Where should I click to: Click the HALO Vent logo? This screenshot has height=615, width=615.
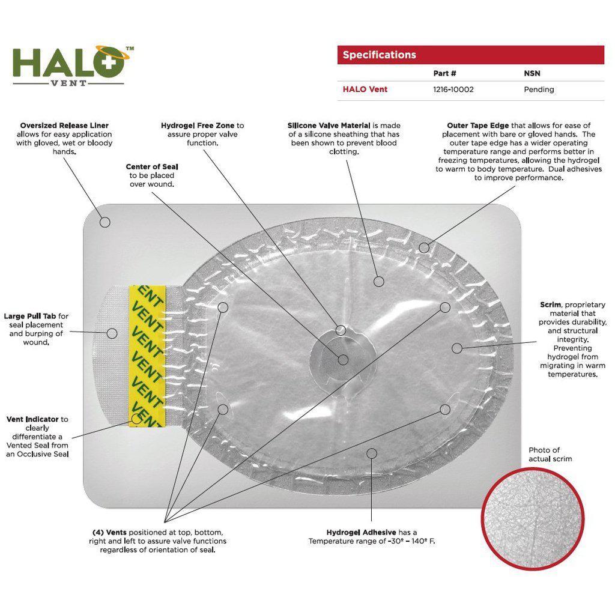(x=73, y=66)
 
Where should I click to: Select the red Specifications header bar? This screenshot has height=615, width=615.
(x=471, y=55)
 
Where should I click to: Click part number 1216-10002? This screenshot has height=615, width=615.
(x=453, y=89)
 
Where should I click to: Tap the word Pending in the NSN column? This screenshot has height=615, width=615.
(x=539, y=89)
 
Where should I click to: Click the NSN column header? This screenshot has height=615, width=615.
(x=532, y=73)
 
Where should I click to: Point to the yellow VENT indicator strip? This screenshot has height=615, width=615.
(x=148, y=356)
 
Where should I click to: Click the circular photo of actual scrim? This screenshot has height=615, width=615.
(x=533, y=518)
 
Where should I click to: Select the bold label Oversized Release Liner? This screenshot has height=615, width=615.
(x=64, y=126)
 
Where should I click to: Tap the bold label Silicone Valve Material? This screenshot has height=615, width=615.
(x=329, y=126)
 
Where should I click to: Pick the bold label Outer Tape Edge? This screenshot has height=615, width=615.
(x=477, y=126)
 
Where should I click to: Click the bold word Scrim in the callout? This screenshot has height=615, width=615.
(x=550, y=304)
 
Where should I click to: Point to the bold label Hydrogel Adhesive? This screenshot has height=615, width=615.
(x=361, y=532)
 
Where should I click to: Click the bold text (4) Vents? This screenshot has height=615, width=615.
(x=109, y=532)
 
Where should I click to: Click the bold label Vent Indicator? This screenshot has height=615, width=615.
(x=32, y=419)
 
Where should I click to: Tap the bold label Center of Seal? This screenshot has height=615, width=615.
(x=152, y=167)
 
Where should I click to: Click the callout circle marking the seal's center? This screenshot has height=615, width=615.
(x=343, y=360)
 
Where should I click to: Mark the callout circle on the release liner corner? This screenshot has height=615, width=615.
(x=105, y=222)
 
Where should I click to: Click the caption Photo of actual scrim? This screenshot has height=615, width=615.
(x=550, y=454)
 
